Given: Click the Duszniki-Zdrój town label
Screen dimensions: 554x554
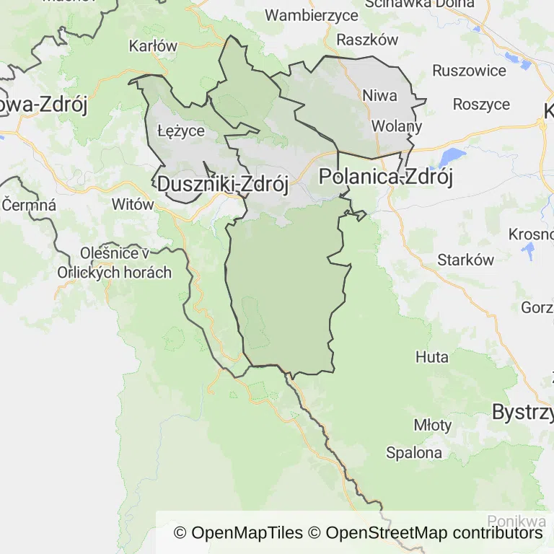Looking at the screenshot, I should click(222, 185).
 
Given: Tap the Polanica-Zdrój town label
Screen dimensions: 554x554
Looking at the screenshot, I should click(386, 177).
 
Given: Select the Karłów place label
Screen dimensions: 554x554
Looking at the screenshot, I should click(153, 46).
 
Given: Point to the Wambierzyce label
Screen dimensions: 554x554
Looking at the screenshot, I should click(312, 15).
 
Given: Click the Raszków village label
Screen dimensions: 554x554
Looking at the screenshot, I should click(367, 40).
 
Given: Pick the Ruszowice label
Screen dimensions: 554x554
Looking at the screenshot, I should click(469, 71).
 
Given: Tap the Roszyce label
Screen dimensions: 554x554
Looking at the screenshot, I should click(481, 104).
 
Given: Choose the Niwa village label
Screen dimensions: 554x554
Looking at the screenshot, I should click(379, 95).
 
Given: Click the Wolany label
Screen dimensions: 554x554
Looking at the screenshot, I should click(396, 126).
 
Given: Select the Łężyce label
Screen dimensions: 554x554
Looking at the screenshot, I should click(181, 131).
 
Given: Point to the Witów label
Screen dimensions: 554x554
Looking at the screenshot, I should click(133, 204).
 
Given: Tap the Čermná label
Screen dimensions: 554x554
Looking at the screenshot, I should click(29, 205).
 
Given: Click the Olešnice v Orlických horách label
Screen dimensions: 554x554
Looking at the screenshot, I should click(115, 263).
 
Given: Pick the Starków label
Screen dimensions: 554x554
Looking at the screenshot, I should click(466, 260).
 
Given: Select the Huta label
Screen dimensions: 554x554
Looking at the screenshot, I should click(432, 357).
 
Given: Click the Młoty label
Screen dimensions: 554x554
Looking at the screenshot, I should click(433, 425).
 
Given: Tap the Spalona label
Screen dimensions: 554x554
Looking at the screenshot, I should click(414, 453).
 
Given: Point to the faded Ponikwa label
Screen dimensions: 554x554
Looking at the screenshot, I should click(516, 521).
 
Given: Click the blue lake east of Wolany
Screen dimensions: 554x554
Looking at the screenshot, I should click(452, 157).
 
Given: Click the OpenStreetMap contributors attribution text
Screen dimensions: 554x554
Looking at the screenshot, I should click(434, 533).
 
